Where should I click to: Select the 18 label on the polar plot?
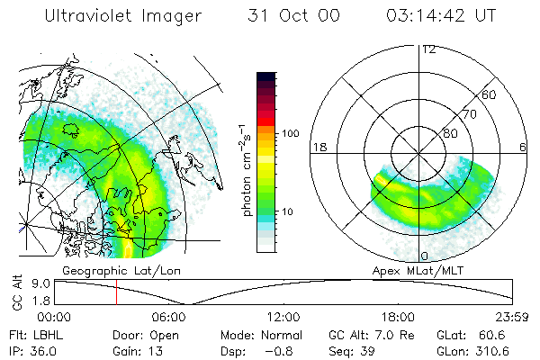(318, 147)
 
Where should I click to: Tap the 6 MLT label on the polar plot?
(523, 147)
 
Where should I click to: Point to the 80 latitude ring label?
(450, 132)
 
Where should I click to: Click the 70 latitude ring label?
(469, 114)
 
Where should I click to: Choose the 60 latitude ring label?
(489, 94)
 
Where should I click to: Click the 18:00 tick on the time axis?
(399, 317)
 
